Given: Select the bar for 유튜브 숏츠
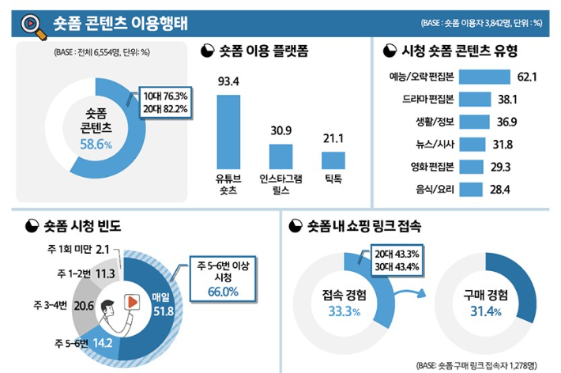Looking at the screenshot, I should click(x=228, y=130).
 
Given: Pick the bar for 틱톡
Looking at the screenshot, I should click(x=333, y=160).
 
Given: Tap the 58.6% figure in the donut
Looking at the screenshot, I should click(x=96, y=145).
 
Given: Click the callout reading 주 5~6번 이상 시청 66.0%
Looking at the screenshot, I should click(x=223, y=279).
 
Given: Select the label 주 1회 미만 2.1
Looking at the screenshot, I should click(x=79, y=250).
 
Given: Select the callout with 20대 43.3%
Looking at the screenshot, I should click(x=399, y=260).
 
